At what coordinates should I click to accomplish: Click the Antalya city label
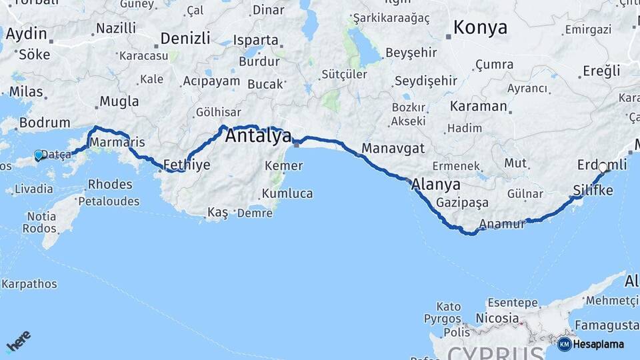coord(259,137)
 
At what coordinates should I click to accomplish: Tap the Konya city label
coord(480,28)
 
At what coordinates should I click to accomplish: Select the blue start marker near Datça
coord(38,155)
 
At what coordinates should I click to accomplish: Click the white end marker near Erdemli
coord(603,167)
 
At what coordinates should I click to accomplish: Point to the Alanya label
coord(436,184)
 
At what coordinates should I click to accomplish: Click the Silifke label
coord(593,191)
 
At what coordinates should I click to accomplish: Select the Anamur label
coord(503,224)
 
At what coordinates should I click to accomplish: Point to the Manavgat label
coord(393,148)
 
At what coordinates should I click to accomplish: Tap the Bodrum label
coord(45,123)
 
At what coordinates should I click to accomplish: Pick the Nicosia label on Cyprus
coord(497,319)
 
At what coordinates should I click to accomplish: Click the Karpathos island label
coord(29,285)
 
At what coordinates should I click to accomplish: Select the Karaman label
coord(479,107)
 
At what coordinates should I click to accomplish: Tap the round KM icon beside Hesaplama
coord(564,344)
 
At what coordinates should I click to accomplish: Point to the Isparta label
coord(256,40)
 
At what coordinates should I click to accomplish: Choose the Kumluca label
coord(287,193)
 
